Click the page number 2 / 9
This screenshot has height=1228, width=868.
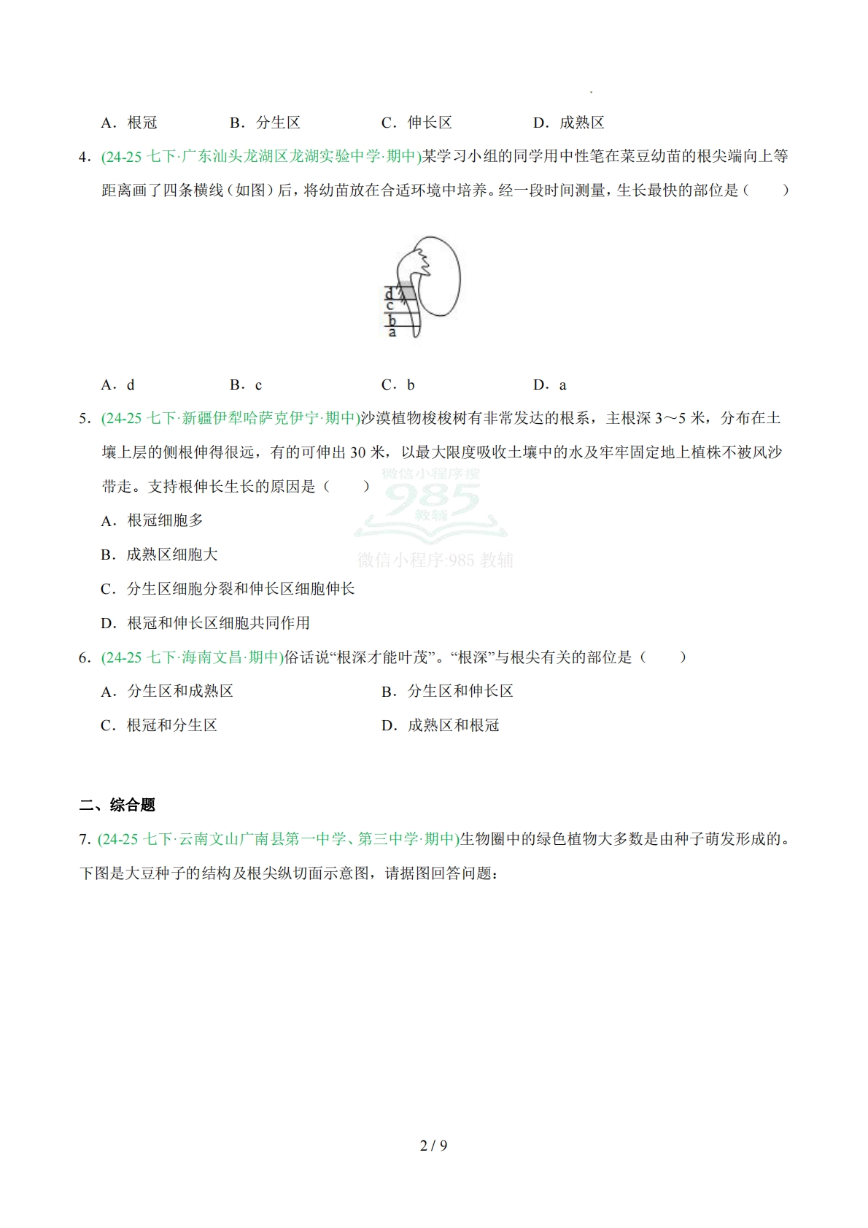click(433, 1146)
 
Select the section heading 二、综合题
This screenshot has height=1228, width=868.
click(117, 805)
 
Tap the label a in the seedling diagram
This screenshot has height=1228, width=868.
click(392, 333)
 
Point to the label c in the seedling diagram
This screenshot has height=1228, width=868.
click(390, 306)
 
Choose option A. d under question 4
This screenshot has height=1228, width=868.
click(118, 385)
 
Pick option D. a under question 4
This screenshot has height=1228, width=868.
click(550, 385)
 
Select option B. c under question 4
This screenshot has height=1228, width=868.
click(246, 385)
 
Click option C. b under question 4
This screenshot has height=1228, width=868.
click(398, 385)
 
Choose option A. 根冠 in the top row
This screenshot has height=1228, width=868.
click(129, 123)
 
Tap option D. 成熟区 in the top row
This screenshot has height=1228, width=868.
click(569, 123)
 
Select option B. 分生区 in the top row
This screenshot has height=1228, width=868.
click(265, 123)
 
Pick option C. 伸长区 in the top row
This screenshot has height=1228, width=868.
click(416, 123)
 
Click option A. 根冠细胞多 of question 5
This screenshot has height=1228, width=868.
click(152, 520)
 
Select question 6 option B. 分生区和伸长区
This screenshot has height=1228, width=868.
click(447, 691)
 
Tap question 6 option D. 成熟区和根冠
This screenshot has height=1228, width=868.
click(441, 725)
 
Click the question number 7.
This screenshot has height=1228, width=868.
click(84, 839)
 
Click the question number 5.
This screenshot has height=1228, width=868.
click(84, 418)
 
